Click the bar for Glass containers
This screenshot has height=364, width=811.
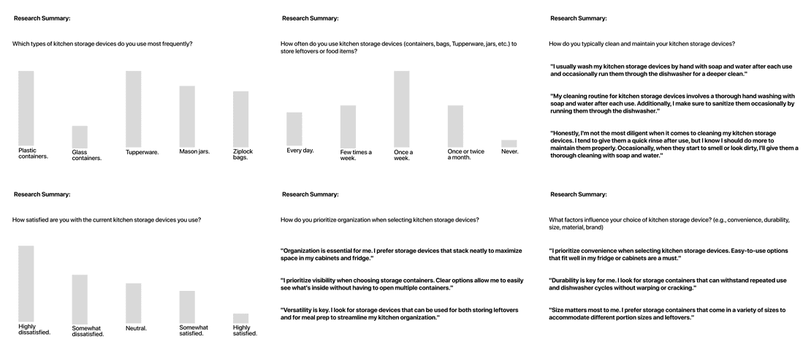(x=80, y=137)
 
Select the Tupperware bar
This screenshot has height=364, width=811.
(x=133, y=109)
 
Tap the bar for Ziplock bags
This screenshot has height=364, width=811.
(x=240, y=118)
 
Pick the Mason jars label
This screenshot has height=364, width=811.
(x=194, y=152)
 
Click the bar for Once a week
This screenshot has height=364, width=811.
(x=401, y=109)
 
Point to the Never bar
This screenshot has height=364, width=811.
(x=509, y=143)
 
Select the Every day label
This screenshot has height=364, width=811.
(x=300, y=151)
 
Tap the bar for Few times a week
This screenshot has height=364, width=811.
(x=348, y=126)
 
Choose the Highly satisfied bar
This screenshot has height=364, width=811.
(x=240, y=318)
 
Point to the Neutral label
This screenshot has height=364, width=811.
(x=136, y=328)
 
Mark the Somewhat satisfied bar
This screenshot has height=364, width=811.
(x=187, y=307)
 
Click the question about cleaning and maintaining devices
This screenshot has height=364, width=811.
(x=642, y=44)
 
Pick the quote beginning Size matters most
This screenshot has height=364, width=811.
(x=667, y=314)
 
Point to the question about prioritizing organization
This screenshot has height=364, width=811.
(x=380, y=220)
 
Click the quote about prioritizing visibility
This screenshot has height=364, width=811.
(x=402, y=284)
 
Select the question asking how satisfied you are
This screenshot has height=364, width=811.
(x=107, y=220)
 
